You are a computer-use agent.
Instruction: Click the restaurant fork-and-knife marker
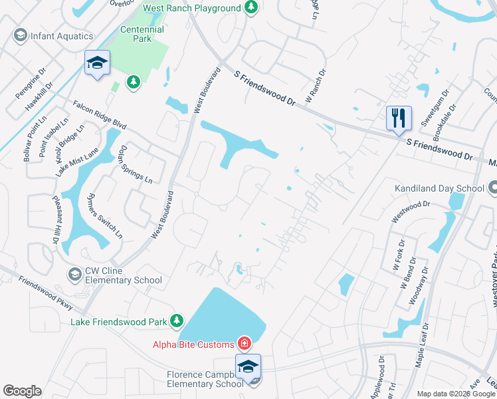tap(399, 118)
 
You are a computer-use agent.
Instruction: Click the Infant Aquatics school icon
tap(20, 36)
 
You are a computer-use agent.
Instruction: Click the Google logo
tap(22, 391)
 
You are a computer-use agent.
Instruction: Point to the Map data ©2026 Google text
tap(455, 394)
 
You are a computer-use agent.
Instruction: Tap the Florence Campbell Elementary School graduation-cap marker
tap(248, 366)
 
